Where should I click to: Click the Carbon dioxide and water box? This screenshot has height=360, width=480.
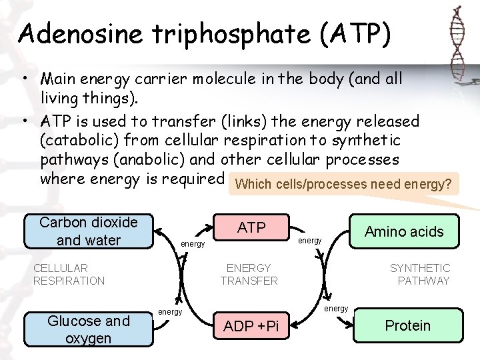[89, 231]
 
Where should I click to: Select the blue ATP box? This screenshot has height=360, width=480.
[251, 228]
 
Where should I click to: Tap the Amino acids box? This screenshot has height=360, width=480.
[404, 232]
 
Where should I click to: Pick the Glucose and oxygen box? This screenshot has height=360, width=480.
[89, 329]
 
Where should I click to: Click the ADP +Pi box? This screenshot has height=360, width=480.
[251, 327]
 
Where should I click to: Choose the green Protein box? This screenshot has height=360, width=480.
[407, 325]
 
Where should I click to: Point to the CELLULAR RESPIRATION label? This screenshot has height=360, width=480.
[69, 274]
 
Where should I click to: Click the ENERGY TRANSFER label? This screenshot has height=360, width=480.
[249, 274]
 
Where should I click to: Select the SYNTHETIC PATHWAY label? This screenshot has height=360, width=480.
[420, 274]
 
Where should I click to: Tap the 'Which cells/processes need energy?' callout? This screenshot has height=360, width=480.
[343, 184]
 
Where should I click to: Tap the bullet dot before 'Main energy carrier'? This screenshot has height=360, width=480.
[25, 79]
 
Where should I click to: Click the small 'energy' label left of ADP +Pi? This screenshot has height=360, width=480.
[170, 311]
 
